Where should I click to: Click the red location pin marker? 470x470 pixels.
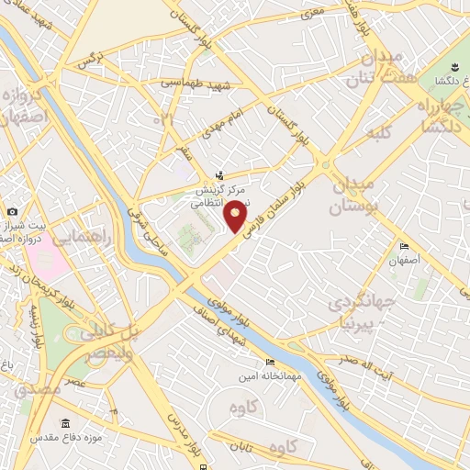236,215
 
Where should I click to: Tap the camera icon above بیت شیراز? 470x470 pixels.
13,212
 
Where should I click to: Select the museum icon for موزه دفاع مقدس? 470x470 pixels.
65,423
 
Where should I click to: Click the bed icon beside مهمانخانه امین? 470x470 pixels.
269,363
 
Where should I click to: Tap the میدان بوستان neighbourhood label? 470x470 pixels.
347,196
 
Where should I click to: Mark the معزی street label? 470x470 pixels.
314,12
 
